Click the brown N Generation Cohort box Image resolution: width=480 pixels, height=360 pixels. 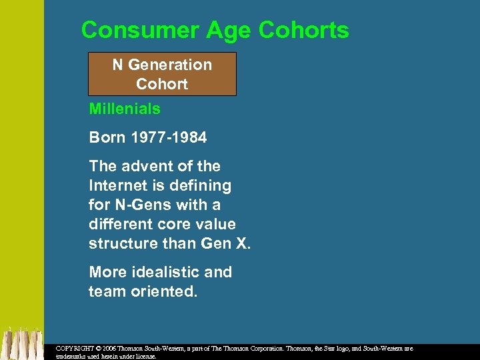click(x=162, y=74)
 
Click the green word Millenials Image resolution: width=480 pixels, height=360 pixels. click(x=125, y=108)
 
